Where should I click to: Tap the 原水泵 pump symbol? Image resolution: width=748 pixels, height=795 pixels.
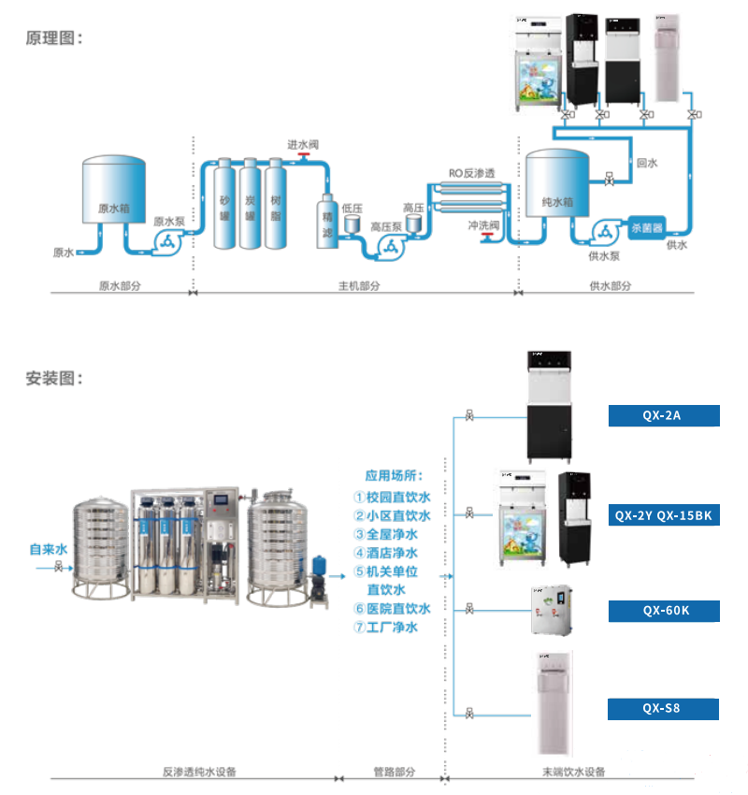(169, 242)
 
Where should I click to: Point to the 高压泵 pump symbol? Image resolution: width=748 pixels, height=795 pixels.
(388, 246)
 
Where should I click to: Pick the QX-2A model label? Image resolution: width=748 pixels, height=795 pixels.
(664, 416)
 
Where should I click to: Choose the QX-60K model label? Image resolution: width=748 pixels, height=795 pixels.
(664, 611)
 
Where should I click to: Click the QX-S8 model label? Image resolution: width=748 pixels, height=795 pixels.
(664, 708)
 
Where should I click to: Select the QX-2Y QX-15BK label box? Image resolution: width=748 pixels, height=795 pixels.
(664, 514)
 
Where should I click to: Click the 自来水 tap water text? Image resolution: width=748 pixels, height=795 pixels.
(47, 551)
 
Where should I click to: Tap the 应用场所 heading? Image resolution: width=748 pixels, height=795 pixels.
(394, 476)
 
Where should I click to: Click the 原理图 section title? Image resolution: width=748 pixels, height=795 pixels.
(54, 38)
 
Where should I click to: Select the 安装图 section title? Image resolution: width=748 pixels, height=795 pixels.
(54, 379)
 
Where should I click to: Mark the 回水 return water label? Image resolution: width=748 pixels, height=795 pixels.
(647, 163)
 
